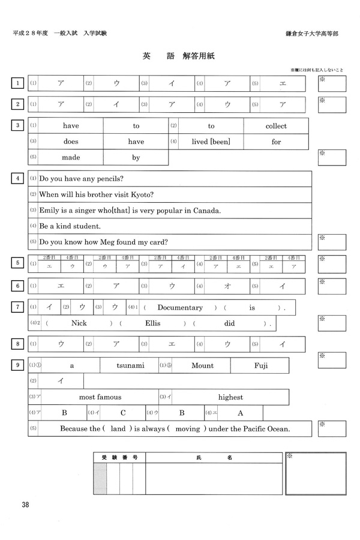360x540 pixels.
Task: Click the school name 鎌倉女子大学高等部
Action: (x=313, y=34)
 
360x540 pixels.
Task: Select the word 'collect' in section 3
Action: (x=276, y=126)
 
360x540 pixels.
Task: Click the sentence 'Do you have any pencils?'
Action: (x=80, y=178)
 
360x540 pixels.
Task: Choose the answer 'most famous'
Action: (x=100, y=397)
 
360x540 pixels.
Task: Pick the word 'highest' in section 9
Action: (x=230, y=397)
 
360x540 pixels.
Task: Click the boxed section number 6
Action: (x=18, y=286)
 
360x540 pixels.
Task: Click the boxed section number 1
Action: (x=18, y=83)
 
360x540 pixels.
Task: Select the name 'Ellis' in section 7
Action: (x=154, y=324)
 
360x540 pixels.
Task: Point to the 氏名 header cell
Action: (x=214, y=457)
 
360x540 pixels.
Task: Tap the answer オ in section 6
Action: (x=228, y=286)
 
